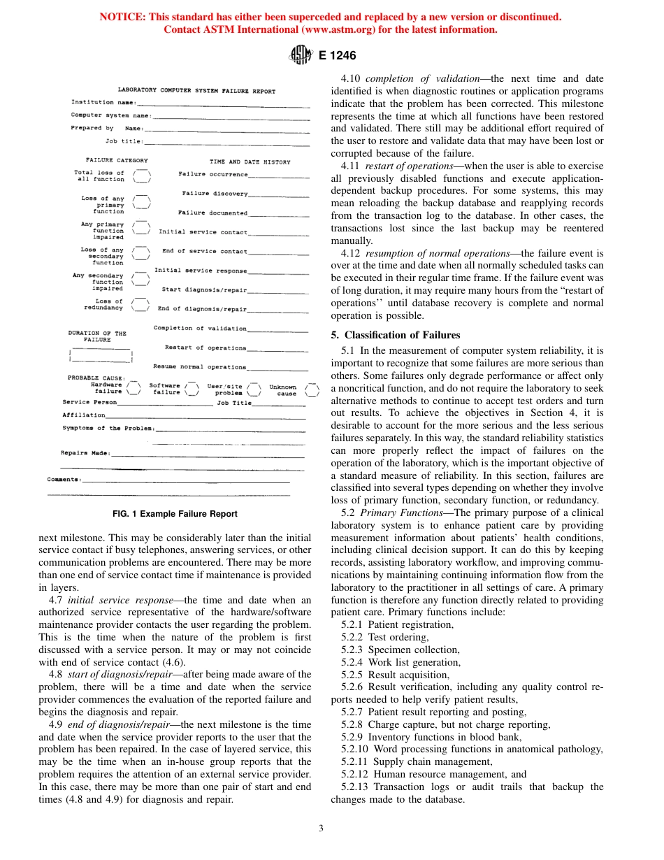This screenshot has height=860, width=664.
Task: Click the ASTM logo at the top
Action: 301,55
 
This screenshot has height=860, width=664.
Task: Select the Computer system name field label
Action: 111,115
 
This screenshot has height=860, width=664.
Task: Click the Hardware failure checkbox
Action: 133,389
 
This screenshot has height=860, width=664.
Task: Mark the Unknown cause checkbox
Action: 312,389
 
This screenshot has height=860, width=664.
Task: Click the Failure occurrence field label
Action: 212,174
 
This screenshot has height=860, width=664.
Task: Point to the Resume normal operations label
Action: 200,366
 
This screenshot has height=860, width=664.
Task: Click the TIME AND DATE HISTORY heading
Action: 250,162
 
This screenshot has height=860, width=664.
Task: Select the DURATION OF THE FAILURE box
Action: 101,354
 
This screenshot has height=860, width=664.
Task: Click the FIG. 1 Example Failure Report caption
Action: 175,514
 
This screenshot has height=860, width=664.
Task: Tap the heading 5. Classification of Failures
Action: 396,335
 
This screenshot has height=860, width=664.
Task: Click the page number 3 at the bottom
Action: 321,829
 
